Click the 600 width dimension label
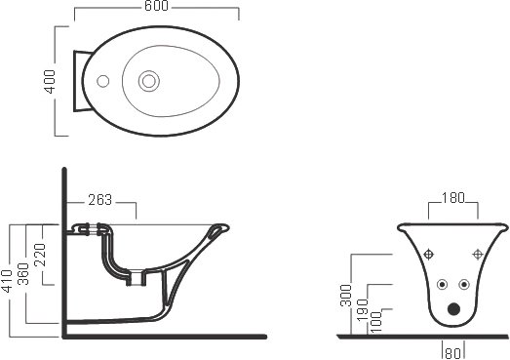click(156, 6)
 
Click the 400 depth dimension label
click(50, 81)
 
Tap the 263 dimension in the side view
click(100, 200)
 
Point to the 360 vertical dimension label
click(23, 274)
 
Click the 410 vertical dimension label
click(7, 282)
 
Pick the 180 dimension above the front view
click(453, 198)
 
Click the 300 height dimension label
click(346, 296)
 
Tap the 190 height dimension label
click(363, 309)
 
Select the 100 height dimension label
click(376, 322)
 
